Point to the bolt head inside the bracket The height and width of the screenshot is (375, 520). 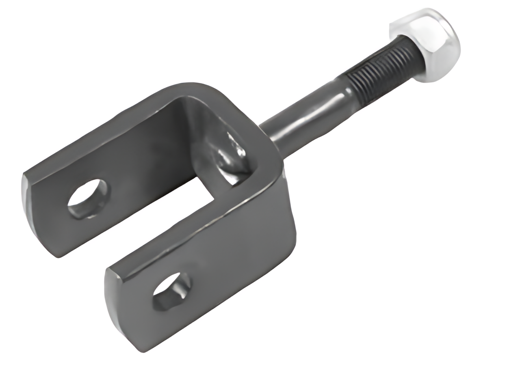(230, 156)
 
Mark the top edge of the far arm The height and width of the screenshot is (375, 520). (102, 122)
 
